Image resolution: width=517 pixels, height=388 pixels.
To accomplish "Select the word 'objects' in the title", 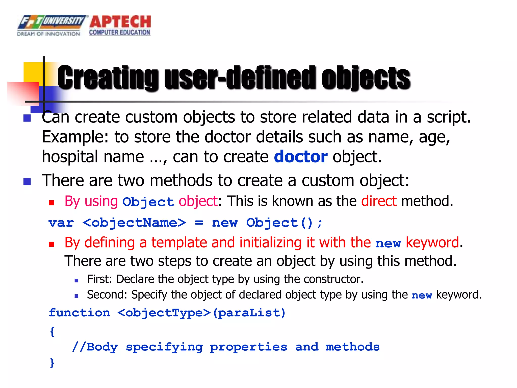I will click(366, 78).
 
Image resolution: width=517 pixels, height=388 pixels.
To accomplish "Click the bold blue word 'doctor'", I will click(301, 157).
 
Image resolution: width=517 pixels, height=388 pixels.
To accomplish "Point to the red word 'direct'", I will click(379, 201).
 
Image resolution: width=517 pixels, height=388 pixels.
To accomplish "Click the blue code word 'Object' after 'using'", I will click(148, 202).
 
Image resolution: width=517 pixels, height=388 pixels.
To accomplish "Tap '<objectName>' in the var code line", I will click(134, 223).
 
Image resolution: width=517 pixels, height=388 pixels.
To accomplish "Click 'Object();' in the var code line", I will click(284, 223).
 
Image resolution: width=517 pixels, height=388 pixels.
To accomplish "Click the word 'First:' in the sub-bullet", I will click(99, 279).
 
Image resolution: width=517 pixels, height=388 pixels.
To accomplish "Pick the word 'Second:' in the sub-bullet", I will click(107, 295).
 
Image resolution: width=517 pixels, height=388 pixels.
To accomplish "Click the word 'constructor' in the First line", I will click(333, 279).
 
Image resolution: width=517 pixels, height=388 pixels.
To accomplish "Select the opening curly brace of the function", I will click(52, 331).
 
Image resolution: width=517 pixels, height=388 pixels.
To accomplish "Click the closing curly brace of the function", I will click(52, 363).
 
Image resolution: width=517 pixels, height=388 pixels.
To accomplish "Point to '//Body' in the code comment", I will click(95, 347).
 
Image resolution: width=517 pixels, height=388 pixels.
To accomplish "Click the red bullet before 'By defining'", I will click(51, 244).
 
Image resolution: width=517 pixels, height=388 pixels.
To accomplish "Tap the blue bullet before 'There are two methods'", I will click(27, 181).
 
